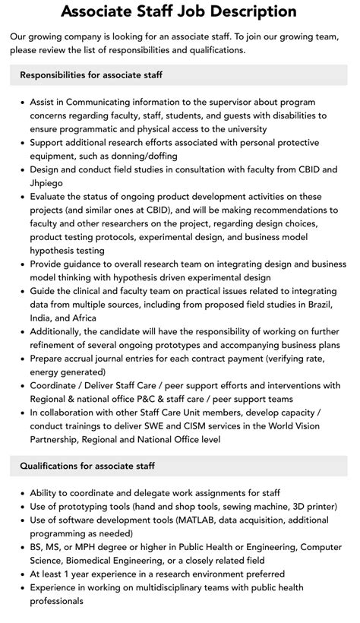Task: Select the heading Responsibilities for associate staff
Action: coord(92,75)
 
